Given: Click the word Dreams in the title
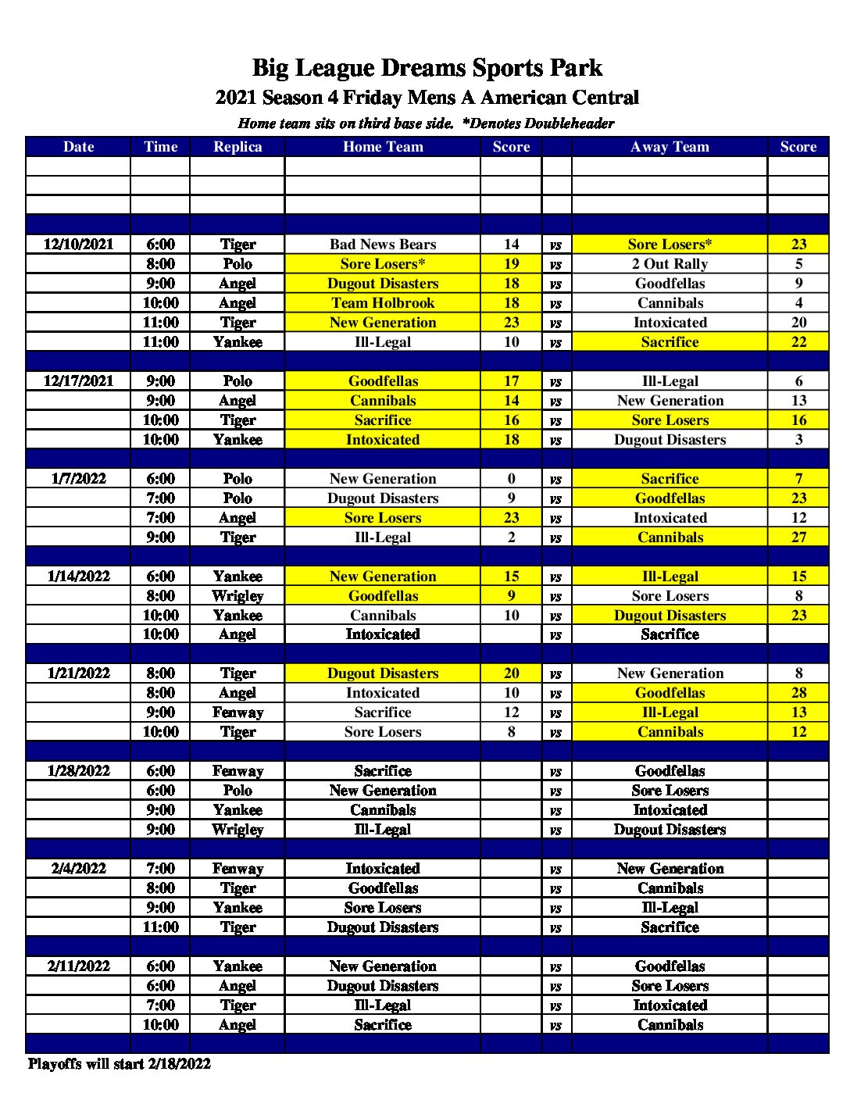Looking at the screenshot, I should [427, 68].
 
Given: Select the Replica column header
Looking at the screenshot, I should [237, 147].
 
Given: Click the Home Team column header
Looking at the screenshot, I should [383, 147].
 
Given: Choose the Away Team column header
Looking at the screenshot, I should [670, 147].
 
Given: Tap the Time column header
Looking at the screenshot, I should [160, 147].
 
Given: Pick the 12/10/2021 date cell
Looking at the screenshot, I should [78, 245].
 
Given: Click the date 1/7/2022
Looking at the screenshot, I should [78, 479].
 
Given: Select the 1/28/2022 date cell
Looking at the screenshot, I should [78, 771].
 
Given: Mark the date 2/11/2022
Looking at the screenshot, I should [78, 966].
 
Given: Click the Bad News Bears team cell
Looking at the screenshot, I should [383, 245].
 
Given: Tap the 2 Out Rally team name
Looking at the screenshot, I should [670, 264].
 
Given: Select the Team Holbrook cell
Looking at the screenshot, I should [383, 303].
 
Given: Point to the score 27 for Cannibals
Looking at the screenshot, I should [798, 537].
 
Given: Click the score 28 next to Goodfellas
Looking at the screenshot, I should [798, 693].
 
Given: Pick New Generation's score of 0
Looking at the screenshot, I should [511, 479].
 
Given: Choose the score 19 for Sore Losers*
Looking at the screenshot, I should [511, 264].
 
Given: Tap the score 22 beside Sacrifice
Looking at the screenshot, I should [798, 342].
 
